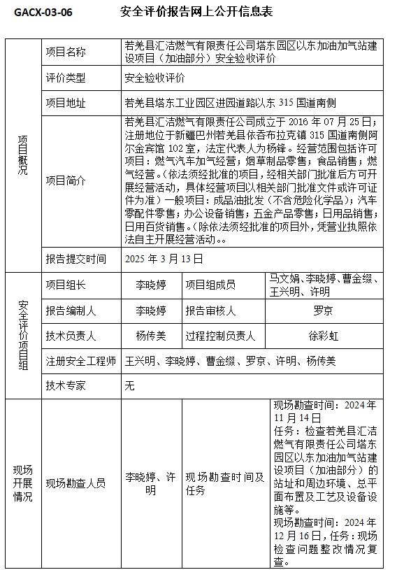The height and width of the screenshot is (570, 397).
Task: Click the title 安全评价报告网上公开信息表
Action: tap(196, 13)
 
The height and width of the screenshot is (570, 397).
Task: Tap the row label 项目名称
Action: tap(66, 52)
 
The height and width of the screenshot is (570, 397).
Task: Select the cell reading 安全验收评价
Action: tap(154, 78)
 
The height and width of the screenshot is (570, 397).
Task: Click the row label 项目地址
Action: tap(66, 103)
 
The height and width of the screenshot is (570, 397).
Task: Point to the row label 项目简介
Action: tap(66, 180)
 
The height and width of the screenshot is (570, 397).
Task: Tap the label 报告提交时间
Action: tap(76, 259)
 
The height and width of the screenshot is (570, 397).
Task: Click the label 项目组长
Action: tap(66, 285)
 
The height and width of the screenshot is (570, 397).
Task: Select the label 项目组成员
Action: tap(210, 285)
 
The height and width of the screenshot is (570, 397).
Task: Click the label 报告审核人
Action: tap(210, 311)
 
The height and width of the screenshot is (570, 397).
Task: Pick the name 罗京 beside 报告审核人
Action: tap(323, 311)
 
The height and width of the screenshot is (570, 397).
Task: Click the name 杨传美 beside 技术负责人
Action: tap(151, 336)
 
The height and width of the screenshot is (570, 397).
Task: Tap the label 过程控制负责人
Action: tap(221, 336)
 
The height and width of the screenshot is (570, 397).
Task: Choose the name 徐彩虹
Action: tap(323, 336)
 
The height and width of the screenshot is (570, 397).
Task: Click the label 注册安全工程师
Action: tap(81, 361)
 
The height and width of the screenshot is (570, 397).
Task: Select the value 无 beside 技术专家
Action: tap(129, 385)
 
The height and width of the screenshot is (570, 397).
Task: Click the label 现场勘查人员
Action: tap(76, 483)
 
